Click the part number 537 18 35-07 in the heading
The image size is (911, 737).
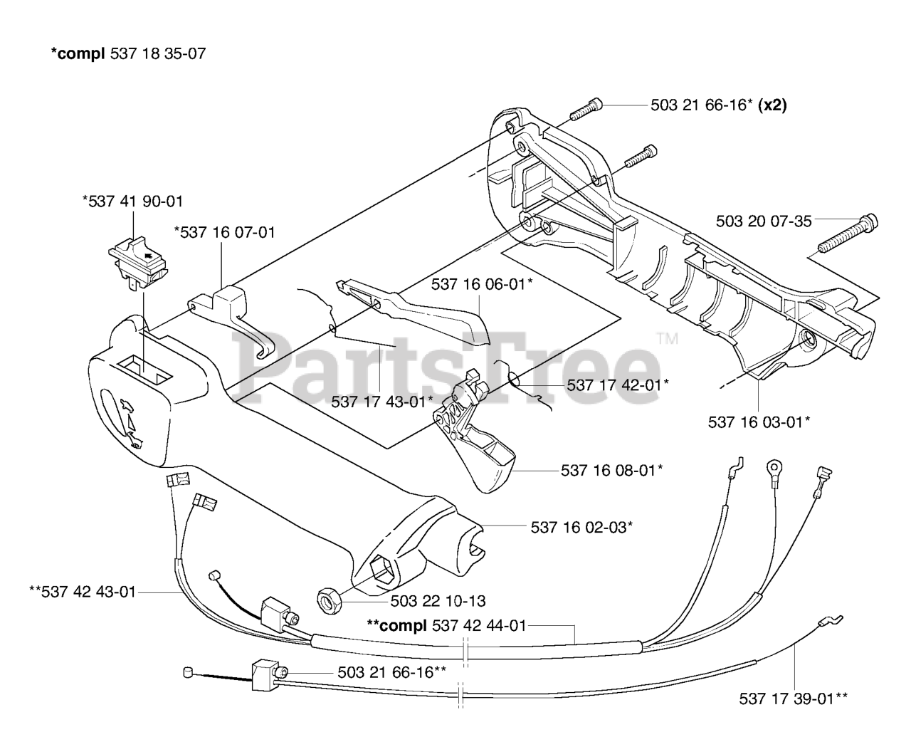point(158,53)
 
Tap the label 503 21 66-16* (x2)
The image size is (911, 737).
point(718,105)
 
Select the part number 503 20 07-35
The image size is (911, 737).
point(763,221)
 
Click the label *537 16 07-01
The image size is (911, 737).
point(224,232)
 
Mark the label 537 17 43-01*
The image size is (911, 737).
point(381,402)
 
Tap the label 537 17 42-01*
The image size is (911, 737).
point(618,385)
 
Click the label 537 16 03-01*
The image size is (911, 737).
point(759,422)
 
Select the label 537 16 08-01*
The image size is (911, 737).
point(612,470)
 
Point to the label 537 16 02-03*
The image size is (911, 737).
point(581,527)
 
